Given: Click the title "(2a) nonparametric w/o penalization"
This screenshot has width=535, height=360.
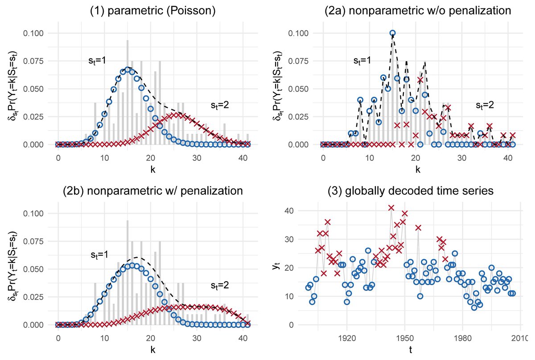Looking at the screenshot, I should click(x=418, y=11).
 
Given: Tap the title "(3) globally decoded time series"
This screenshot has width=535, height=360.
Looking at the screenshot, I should click(x=418, y=191).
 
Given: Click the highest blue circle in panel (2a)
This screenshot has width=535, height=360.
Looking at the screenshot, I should click(x=392, y=33).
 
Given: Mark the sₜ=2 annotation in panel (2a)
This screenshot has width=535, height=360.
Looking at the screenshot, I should click(x=484, y=106).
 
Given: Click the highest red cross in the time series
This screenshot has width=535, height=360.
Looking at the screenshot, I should click(x=391, y=208).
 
